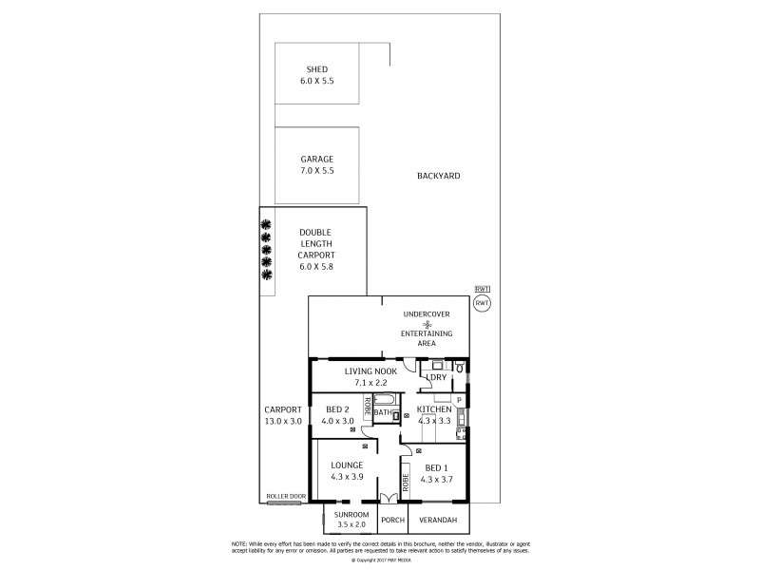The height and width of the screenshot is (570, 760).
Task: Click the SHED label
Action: [x=316, y=69]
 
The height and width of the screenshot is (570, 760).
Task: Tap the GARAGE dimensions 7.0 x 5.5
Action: [x=316, y=171]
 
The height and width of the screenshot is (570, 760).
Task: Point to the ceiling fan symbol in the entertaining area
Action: [x=427, y=324]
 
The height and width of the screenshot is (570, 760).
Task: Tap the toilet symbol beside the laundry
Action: [x=459, y=367]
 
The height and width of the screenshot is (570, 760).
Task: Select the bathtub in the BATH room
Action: [x=386, y=400]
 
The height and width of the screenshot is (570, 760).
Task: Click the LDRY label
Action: [x=436, y=377]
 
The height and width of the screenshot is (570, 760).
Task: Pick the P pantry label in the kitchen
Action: [x=459, y=400]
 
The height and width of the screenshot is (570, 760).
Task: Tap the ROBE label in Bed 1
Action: [x=406, y=482]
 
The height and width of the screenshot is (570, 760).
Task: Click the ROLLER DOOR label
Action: [x=283, y=496]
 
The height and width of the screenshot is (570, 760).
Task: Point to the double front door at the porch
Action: [x=387, y=499]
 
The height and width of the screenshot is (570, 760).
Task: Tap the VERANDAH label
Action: [x=438, y=520]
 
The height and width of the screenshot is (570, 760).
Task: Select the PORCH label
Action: [x=391, y=520]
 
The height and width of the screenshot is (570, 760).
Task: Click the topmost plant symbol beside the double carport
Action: [x=267, y=225]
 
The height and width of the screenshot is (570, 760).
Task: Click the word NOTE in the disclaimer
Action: [x=240, y=542]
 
